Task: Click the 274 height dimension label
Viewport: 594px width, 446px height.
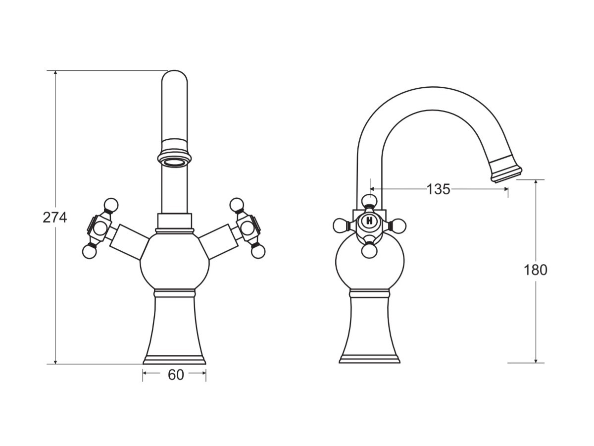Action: [54, 218]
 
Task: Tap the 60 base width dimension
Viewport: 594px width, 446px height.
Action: [176, 375]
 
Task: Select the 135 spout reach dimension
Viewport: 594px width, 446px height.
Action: [438, 189]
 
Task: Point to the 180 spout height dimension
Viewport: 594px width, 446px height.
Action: [536, 270]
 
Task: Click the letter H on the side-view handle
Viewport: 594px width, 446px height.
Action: [369, 221]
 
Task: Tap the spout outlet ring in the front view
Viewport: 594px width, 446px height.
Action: [174, 161]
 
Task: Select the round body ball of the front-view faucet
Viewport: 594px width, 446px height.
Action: [175, 262]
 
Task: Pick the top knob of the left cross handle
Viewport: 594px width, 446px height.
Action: [111, 205]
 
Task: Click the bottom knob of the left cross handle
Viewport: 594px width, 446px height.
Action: [89, 252]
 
